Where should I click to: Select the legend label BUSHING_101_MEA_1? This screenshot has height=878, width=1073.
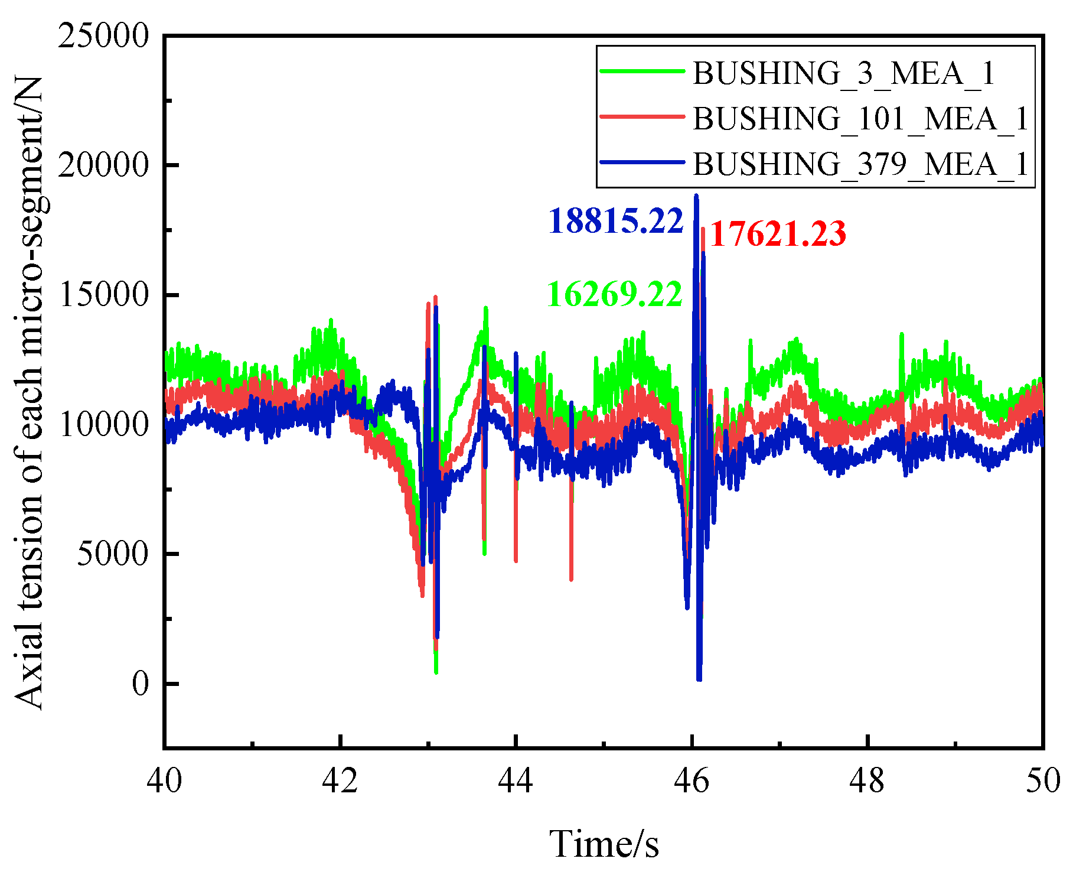(860, 119)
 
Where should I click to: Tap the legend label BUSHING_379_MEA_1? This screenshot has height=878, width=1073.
(860, 164)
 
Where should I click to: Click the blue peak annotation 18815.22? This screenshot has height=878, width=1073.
(615, 221)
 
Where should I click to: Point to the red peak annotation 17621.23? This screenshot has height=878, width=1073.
(778, 233)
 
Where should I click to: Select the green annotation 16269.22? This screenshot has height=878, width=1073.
(614, 294)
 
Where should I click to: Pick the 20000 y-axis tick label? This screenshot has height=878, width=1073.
(103, 165)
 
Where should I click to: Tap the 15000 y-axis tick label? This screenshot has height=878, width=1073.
(103, 294)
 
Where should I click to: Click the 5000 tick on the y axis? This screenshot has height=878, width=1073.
(112, 554)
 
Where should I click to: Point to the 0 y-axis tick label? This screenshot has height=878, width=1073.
(140, 684)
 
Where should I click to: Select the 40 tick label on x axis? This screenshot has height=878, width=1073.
(164, 781)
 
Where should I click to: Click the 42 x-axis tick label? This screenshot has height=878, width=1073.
(340, 781)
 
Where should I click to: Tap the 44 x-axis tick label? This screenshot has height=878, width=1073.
(516, 781)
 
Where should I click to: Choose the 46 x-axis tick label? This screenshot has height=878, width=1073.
(692, 781)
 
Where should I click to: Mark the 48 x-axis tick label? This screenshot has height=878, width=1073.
(867, 781)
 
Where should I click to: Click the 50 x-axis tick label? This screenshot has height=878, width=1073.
(1042, 781)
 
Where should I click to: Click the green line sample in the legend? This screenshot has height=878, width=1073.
(643, 71)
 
